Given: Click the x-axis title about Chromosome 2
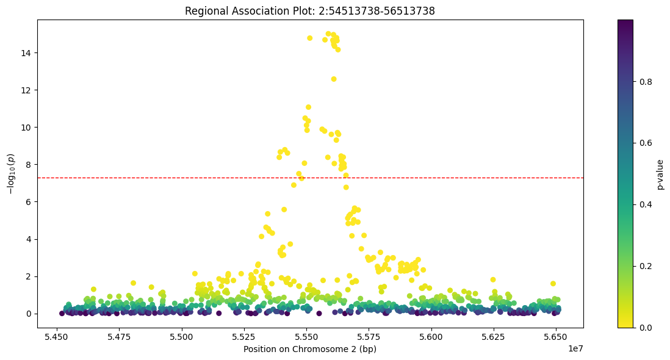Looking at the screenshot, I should (309, 350).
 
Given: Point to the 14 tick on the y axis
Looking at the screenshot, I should (27, 53).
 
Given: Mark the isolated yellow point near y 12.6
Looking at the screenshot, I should (334, 79).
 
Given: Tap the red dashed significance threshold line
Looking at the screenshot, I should (183, 178).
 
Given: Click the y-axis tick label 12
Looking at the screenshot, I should (27, 90).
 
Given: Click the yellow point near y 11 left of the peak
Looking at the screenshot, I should (308, 107).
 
